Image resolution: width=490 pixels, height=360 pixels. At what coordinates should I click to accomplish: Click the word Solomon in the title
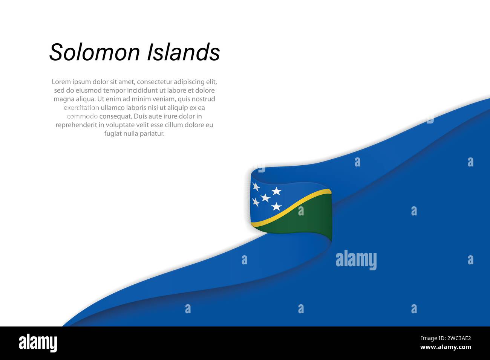coord(95,52)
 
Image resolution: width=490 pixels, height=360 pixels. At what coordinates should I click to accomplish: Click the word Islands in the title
coord(183,52)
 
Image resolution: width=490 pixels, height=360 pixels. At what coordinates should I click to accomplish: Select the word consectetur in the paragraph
coord(155,82)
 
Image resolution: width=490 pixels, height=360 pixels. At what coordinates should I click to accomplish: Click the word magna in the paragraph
coord(62,99)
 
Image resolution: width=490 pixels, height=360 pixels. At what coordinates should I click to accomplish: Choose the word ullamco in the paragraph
coord(113,108)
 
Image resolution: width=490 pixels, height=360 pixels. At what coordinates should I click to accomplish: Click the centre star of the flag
coord(265,198)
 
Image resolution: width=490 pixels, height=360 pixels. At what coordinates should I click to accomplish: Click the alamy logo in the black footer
coord(38,343)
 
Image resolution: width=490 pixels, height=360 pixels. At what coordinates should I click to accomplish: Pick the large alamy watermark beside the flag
coord(356,260)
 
